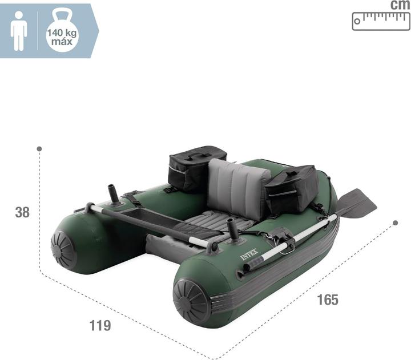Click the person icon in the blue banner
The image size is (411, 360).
[x=19, y=31]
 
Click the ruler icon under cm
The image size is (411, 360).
[x=381, y=21]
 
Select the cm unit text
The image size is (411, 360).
[x=400, y=5]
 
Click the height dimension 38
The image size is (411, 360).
[x=22, y=212]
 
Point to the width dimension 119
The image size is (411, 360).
[x=100, y=325]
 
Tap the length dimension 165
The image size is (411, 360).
[x=328, y=300]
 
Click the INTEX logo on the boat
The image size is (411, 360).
[x=249, y=254]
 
